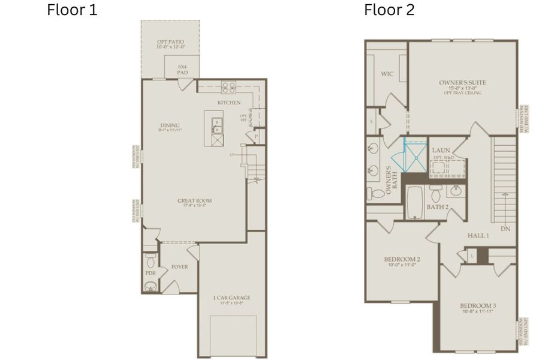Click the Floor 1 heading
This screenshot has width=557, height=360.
[72, 10]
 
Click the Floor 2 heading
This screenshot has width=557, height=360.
[389, 10]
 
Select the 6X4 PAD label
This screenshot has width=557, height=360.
[182, 70]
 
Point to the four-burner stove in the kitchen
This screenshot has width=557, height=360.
[228, 88]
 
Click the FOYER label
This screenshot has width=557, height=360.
[179, 266]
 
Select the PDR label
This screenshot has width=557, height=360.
[150, 273]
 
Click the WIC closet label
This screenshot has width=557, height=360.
[387, 74]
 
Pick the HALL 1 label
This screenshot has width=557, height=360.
[478, 236]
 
